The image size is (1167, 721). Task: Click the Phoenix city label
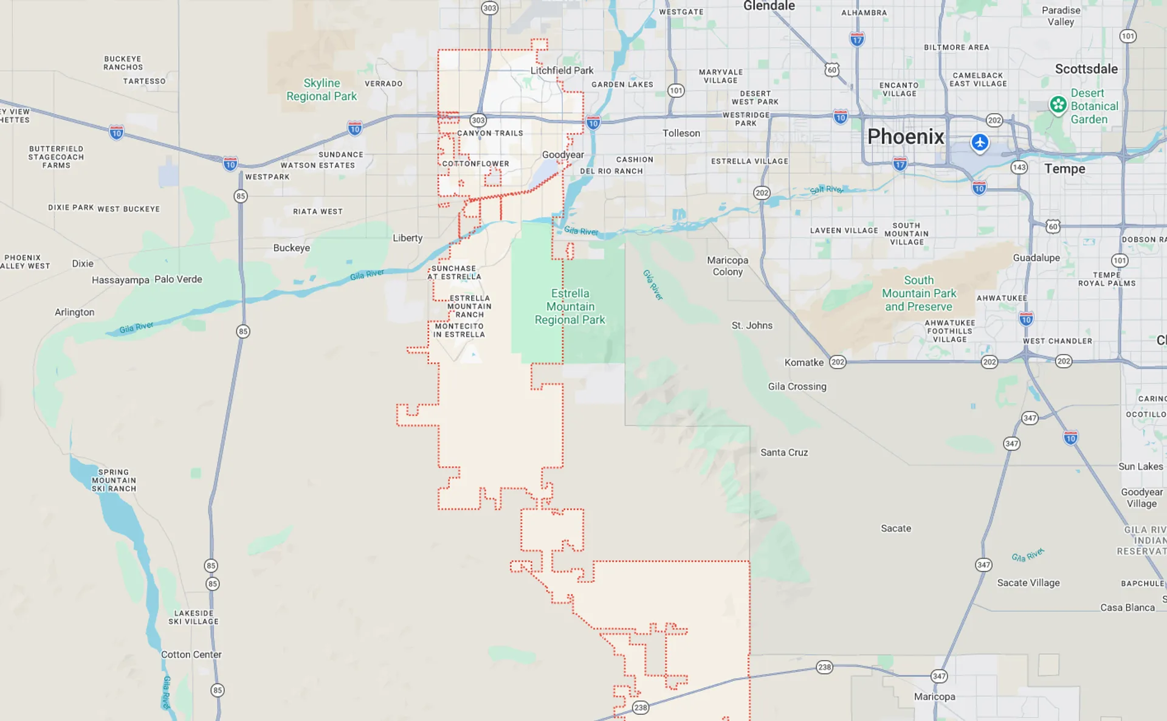[x=906, y=137]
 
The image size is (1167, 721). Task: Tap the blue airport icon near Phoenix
[x=979, y=143]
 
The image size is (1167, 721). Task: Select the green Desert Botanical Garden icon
[x=1058, y=105]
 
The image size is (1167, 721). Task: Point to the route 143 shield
[x=1019, y=167]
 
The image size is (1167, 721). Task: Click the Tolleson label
[x=681, y=133]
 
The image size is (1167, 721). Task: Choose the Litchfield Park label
[x=562, y=71]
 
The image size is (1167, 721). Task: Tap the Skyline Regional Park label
[x=322, y=89]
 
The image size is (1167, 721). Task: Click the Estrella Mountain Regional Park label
[x=570, y=306]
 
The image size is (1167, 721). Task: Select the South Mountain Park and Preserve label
[x=918, y=293]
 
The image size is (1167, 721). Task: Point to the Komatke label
[x=804, y=362]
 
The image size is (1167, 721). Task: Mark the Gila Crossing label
[x=797, y=386]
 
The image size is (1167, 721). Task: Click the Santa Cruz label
[x=784, y=452]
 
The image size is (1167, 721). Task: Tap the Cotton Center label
[x=191, y=654]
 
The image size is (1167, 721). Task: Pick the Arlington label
[x=74, y=312]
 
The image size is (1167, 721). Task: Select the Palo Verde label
[x=178, y=279]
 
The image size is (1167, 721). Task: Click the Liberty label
[x=407, y=238]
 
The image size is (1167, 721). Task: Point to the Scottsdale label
[x=1086, y=69]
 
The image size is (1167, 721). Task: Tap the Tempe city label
[x=1064, y=168]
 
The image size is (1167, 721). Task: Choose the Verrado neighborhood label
[x=384, y=84]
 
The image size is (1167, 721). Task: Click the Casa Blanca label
[x=1127, y=607]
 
